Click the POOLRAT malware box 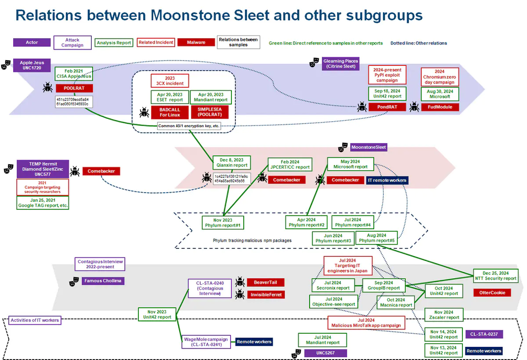pos(74,88)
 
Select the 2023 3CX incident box pos(170,80)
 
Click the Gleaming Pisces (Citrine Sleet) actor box pos(340,64)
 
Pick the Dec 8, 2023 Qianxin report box pos(231,162)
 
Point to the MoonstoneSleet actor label pos(369,147)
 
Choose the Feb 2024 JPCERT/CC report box pos(290,164)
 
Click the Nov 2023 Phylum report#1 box pos(223,223)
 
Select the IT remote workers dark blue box pos(386,180)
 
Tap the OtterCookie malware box pos(492,292)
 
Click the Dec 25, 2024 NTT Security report pos(496,275)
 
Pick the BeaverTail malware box pos(266,282)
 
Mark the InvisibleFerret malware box pos(266,295)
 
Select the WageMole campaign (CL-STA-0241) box pos(206,342)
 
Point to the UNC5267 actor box pos(325,353)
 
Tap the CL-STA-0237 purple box pos(484,335)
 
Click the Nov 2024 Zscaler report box pos(444,315)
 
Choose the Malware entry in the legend pos(196,43)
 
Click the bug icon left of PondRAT pos(362,107)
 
